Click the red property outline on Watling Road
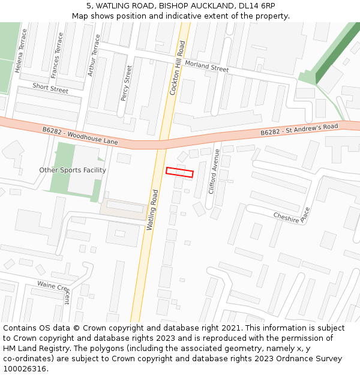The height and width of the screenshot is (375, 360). pyautogui.click(x=179, y=172)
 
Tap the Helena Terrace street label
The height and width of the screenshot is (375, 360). pyautogui.click(x=21, y=50)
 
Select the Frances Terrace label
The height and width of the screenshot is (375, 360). pyautogui.click(x=57, y=56)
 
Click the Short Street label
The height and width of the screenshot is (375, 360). pyautogui.click(x=50, y=88)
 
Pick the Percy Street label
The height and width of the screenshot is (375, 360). pyautogui.click(x=126, y=82)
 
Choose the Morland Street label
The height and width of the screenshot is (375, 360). pyautogui.click(x=207, y=66)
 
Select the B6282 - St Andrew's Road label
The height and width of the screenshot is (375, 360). pyautogui.click(x=299, y=129)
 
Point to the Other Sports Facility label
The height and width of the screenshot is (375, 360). pyautogui.click(x=73, y=170)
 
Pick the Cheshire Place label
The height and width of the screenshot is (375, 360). pyautogui.click(x=292, y=215)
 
